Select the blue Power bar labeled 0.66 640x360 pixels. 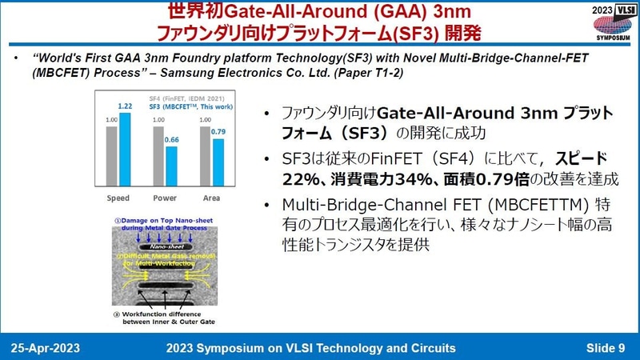[172, 166]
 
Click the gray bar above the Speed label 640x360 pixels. [112, 156]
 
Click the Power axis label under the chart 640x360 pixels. [166, 197]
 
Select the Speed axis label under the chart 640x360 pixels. [118, 197]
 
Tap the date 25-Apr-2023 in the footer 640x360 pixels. [46, 347]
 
